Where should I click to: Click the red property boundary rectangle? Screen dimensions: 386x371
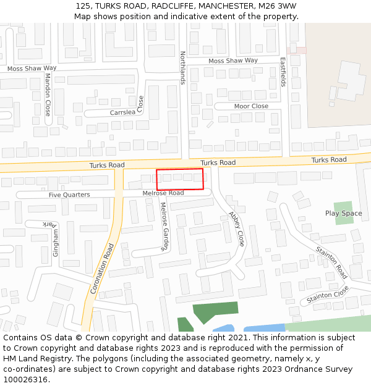179,179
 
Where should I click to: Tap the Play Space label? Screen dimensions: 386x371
343,214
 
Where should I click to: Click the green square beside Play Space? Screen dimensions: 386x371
343,212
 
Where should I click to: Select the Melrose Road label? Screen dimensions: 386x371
163,193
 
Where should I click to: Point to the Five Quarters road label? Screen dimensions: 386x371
69,195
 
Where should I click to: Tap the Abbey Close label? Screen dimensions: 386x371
237,229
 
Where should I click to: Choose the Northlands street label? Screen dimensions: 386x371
182,68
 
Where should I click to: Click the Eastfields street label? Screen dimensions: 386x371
283,72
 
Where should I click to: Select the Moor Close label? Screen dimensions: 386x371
251,106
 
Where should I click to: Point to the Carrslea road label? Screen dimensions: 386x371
122,113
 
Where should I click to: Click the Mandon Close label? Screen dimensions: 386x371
48,94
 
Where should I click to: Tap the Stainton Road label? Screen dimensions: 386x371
331,262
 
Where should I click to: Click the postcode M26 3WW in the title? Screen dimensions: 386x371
277,6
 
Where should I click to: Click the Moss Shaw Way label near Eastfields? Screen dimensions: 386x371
233,61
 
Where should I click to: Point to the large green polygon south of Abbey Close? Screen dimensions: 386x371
215,313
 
